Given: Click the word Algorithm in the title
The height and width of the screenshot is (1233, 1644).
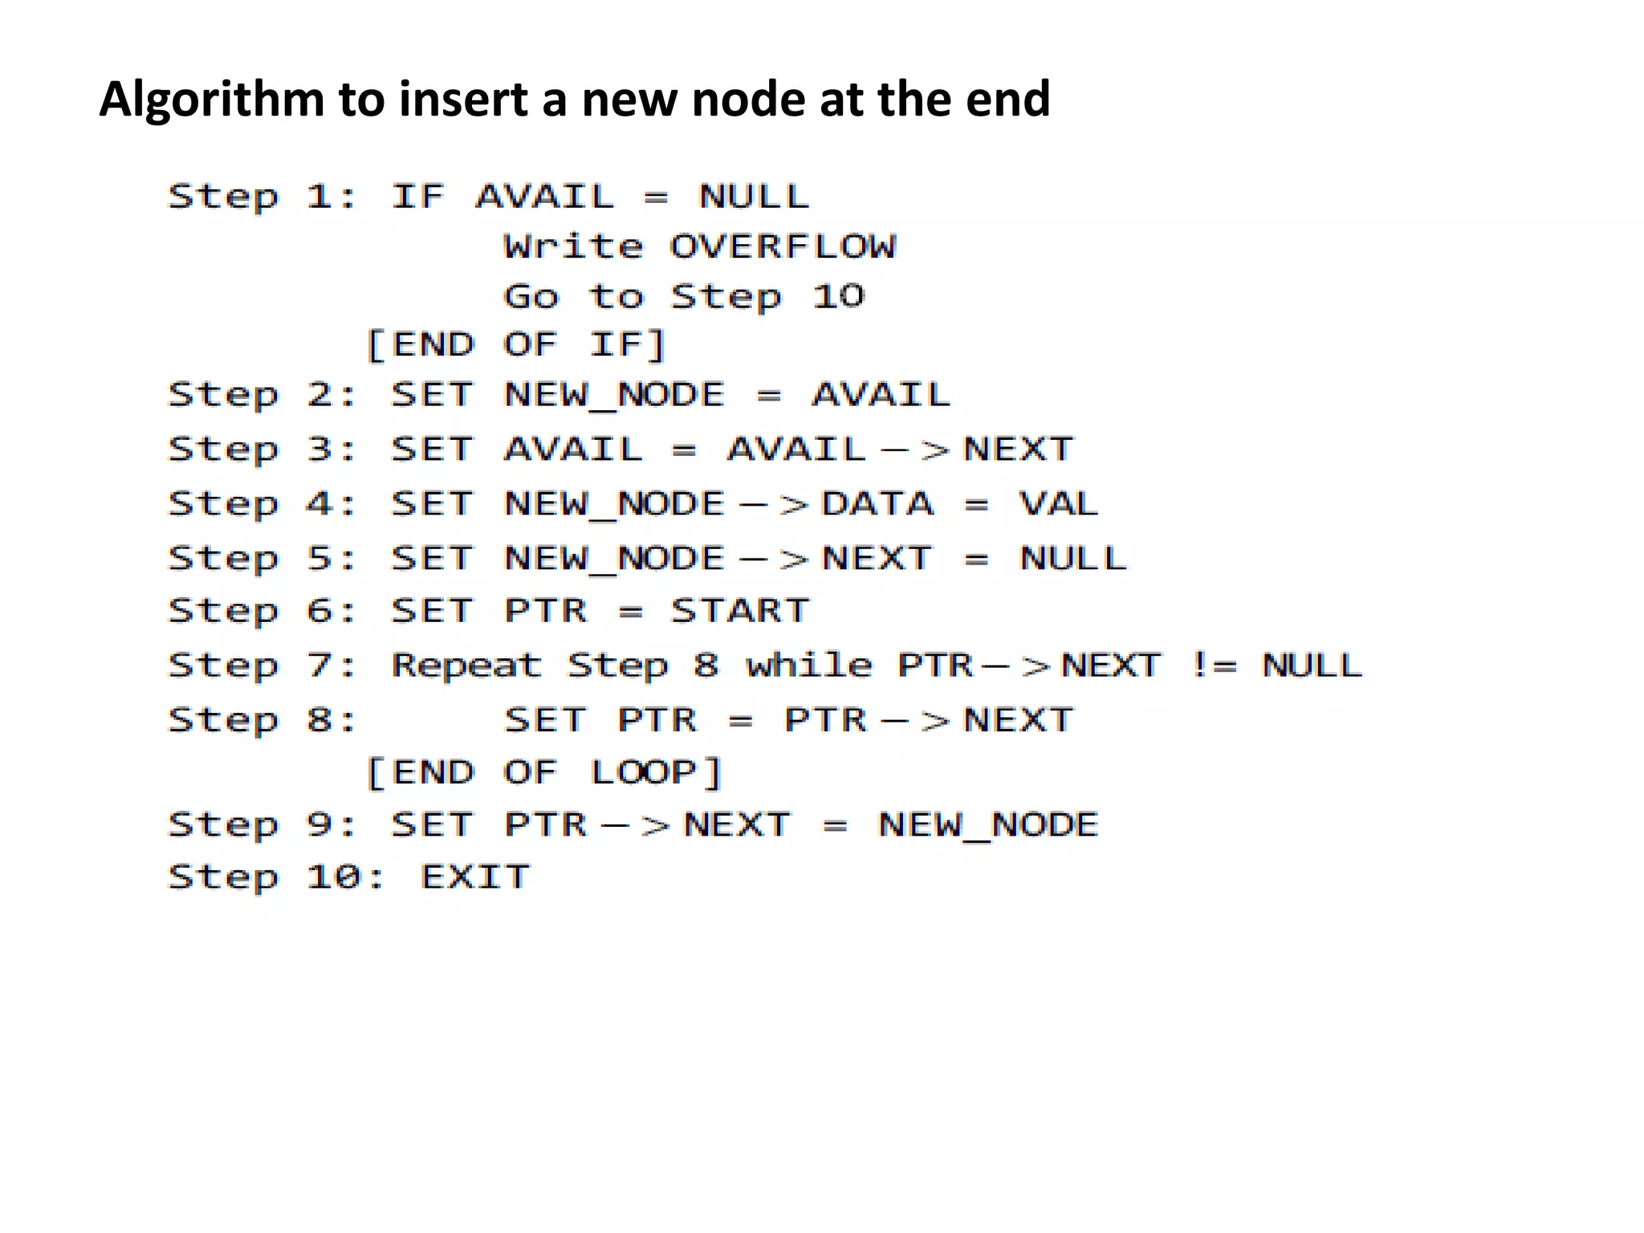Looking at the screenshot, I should pos(211,100).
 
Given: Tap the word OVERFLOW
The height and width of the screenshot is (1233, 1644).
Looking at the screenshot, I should pos(783,246).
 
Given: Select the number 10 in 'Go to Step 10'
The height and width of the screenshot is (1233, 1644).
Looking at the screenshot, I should pos(838,296).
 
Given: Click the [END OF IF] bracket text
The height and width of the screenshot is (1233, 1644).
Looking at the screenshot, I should pos(516,345).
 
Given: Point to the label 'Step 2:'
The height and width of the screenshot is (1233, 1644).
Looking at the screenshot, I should pos(262,395).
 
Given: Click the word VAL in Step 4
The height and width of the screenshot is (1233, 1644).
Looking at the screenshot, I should pos(1058,504).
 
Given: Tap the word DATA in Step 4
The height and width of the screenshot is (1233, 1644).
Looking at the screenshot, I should pos(877,504).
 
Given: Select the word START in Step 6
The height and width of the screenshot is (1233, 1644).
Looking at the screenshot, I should pos(740,611).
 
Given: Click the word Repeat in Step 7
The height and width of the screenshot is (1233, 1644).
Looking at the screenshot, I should pos(466,665).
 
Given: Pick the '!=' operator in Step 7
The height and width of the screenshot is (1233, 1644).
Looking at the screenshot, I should pos(1215,665).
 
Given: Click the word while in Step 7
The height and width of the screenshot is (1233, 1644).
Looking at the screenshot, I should pos(808,665).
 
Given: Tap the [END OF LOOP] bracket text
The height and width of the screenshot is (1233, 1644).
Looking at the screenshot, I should pos(544,772).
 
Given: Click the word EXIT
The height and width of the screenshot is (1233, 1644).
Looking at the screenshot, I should pos(475,877).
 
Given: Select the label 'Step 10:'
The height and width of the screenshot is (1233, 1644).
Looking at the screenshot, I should pos(276,877).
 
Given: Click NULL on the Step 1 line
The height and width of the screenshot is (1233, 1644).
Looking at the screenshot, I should pos(754,197).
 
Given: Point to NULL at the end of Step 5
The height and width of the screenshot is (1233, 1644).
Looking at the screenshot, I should pos(1072,558).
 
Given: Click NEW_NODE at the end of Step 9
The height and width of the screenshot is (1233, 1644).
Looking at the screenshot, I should pos(988,825).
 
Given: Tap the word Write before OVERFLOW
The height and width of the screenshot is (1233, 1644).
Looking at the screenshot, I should pos(573,246).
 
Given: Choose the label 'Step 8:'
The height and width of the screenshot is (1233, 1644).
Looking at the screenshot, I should pos(262,720).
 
